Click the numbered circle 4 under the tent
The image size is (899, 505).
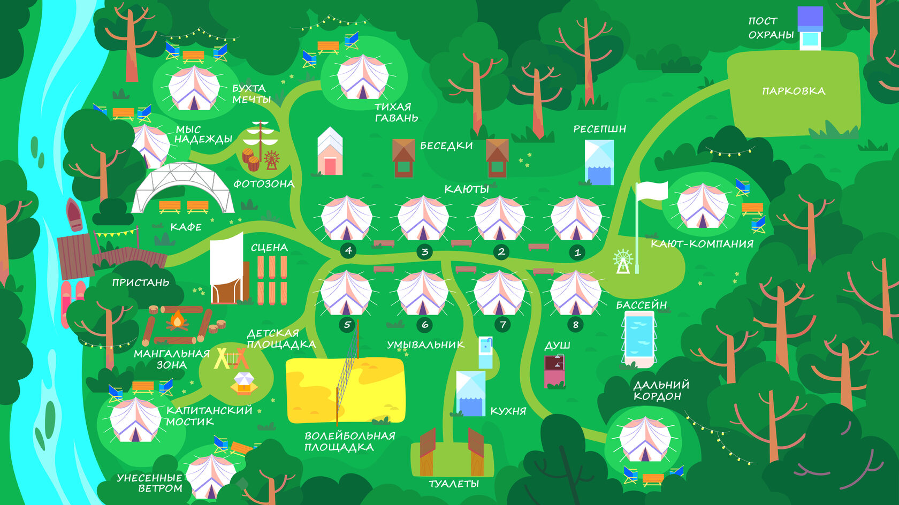(x=348, y=250)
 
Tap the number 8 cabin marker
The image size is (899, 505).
(x=576, y=324)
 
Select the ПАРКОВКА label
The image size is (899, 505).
(x=794, y=91)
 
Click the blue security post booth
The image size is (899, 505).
(x=810, y=28)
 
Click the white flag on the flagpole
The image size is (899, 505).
(x=652, y=191)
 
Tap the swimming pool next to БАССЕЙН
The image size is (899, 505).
(x=639, y=337)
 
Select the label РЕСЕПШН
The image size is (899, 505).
(x=599, y=129)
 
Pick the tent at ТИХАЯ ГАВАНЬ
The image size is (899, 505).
(x=362, y=78)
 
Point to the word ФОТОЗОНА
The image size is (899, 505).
(x=264, y=184)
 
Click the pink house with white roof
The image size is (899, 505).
(x=330, y=152)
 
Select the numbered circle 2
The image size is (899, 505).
(x=501, y=251)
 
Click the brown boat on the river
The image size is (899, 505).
(x=74, y=215)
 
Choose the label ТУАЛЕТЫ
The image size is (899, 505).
(x=454, y=484)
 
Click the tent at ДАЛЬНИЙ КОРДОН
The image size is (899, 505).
(x=645, y=440)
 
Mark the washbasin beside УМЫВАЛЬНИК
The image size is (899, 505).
(x=485, y=353)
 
